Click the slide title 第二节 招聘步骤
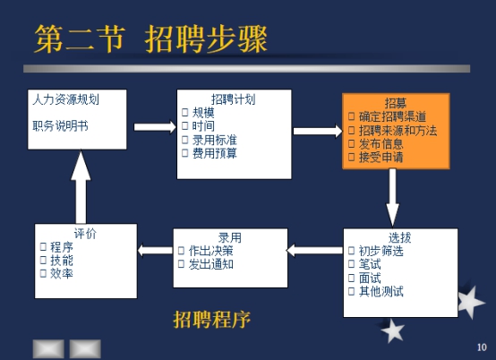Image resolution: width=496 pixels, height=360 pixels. click(151, 39)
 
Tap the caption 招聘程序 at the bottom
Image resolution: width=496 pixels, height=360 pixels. click(211, 319)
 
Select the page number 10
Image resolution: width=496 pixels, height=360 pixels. click(482, 347)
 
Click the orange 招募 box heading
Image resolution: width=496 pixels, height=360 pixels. click(396, 103)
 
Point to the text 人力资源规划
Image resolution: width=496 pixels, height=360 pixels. click(65, 99)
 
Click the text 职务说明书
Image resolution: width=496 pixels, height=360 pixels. click(60, 126)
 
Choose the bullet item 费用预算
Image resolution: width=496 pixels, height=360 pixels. click(215, 153)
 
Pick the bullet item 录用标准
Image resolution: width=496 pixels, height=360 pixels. click(215, 140)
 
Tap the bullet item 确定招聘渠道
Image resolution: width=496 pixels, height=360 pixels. click(392, 116)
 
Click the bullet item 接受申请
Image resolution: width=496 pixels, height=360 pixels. click(381, 157)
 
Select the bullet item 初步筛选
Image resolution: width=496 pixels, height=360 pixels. click(381, 251)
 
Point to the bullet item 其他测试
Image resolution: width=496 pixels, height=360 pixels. click(381, 291)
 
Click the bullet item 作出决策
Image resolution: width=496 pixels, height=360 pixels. click(211, 251)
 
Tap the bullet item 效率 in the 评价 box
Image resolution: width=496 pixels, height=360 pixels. click(62, 273)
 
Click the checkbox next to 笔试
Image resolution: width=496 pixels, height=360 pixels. click(351, 264)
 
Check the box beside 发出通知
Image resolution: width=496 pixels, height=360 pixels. click(181, 264)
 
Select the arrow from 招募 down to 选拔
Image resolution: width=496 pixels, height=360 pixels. click(392, 197)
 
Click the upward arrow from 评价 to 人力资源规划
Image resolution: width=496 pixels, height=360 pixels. click(81, 187)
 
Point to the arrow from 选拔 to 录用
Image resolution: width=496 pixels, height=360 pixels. click(315, 250)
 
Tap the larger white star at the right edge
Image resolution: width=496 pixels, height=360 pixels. click(470, 302)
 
